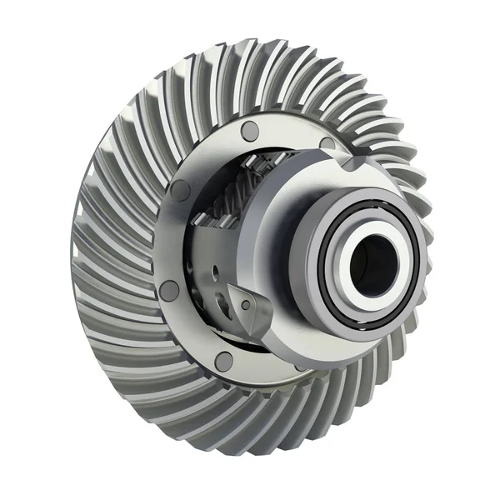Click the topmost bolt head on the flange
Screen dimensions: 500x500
(249, 131)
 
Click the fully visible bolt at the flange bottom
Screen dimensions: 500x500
(223, 359)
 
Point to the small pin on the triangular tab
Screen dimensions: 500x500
(245, 306)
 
